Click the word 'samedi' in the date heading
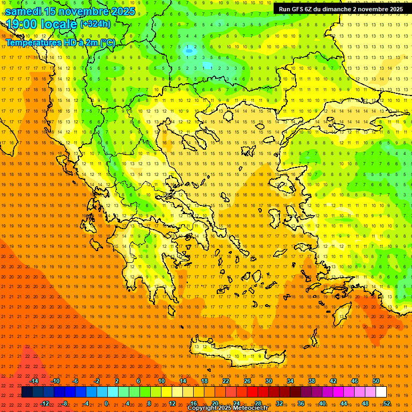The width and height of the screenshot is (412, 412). pyautogui.click(x=24, y=11)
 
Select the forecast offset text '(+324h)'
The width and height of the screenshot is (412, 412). pyautogui.click(x=95, y=24)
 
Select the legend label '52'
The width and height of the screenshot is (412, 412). pyautogui.click(x=386, y=403)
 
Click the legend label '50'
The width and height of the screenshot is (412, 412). pyautogui.click(x=376, y=381)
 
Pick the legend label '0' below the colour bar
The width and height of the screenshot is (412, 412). pyautogui.click(x=106, y=403)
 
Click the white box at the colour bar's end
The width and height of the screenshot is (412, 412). pyautogui.click(x=381, y=392)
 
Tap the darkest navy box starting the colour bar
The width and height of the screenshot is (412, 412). pyautogui.click(x=27, y=392)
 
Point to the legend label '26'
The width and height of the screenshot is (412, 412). pyautogui.click(x=247, y=381)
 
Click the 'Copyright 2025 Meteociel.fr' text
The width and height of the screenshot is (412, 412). pyautogui.click(x=227, y=408)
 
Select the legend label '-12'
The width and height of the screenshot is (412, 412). pyautogui.click(x=45, y=403)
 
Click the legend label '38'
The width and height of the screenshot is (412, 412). pyautogui.click(x=312, y=381)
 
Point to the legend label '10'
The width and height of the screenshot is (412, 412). pyautogui.click(x=161, y=381)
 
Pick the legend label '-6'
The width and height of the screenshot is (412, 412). pyautogui.click(x=76, y=381)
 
